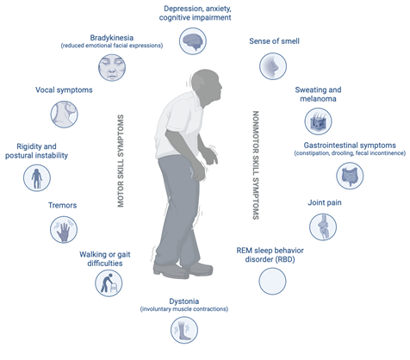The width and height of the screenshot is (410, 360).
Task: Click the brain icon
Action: pyautogui.click(x=193, y=41)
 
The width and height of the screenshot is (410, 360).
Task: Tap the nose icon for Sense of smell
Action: pyautogui.click(x=273, y=66)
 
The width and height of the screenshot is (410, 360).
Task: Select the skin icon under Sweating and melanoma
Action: pyautogui.click(x=318, y=121)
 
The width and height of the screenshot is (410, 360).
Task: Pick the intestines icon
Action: pyautogui.click(x=350, y=176)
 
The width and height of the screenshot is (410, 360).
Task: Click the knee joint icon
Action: pyautogui.click(x=323, y=227)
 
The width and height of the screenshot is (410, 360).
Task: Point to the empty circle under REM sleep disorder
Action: pyautogui.click(x=272, y=282)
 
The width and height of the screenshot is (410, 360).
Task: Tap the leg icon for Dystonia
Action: pyautogui.click(x=184, y=330)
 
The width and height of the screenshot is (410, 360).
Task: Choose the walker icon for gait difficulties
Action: pyautogui.click(x=109, y=283)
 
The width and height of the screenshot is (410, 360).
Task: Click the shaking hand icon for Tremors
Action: pyautogui.click(x=64, y=230)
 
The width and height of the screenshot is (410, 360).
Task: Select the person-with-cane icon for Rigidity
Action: pyautogui.click(x=37, y=178)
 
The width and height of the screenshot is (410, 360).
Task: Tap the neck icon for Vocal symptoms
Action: pyautogui.click(x=65, y=115)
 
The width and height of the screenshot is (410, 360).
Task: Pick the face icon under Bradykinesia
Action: pyautogui.click(x=112, y=68)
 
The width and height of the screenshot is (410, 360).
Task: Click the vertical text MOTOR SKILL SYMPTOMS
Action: pyautogui.click(x=121, y=161)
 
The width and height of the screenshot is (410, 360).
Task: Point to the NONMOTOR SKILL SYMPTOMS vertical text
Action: pyautogui.click(x=256, y=165)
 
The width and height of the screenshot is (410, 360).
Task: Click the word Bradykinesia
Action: pyautogui.click(x=112, y=38)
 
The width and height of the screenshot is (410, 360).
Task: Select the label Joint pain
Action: pyautogui.click(x=325, y=202)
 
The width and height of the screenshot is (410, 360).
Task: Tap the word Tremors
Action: pyautogui.click(x=62, y=205)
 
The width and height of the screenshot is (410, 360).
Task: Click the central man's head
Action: pyautogui.click(x=207, y=86)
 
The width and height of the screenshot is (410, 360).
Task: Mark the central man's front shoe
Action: pyautogui.click(x=198, y=269)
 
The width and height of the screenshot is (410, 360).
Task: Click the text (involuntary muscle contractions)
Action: pyautogui.click(x=184, y=309)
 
